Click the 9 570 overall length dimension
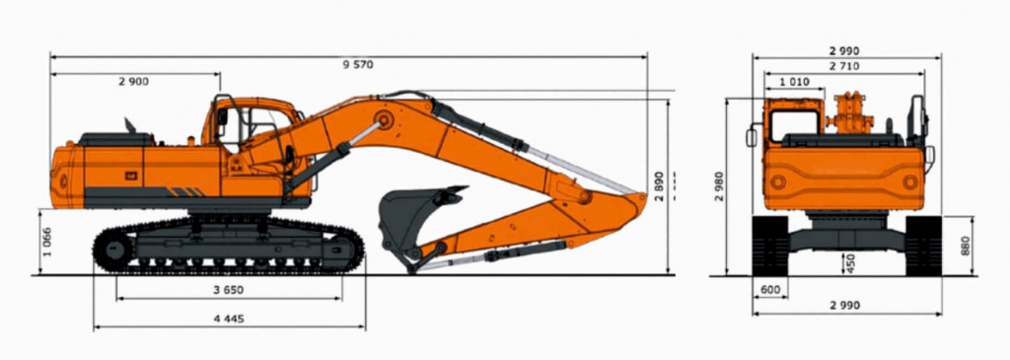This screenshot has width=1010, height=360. [x=358, y=64]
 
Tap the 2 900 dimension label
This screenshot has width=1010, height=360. [x=134, y=81]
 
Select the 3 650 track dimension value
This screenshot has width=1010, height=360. [x=229, y=290]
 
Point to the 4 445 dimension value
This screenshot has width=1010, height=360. [x=229, y=319]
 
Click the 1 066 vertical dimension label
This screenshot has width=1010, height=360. [x=46, y=242]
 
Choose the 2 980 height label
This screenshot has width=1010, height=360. [x=719, y=186]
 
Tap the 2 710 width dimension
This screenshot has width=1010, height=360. [x=844, y=66]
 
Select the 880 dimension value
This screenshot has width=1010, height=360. [x=965, y=246]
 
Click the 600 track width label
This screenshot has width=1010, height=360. [x=769, y=290]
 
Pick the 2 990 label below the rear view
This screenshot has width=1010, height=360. [x=844, y=305]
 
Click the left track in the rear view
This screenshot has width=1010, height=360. [x=769, y=246]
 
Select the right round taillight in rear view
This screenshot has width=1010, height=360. [x=910, y=182]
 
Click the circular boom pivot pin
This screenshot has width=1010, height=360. [x=385, y=119]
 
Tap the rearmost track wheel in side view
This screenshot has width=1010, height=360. [x=114, y=249]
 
